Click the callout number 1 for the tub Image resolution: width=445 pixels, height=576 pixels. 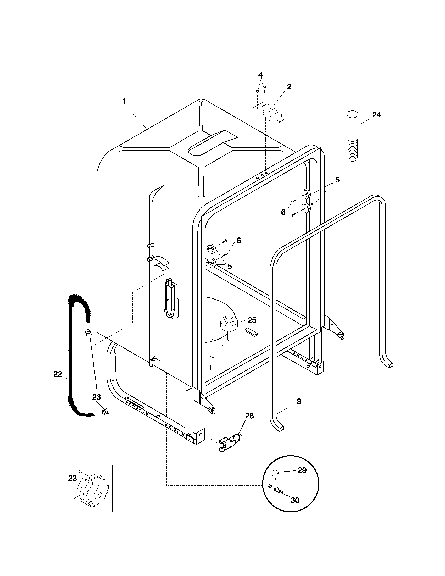[x=124, y=102]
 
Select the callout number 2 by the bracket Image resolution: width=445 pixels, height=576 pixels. [x=289, y=87]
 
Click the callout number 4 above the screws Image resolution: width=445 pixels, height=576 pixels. [x=260, y=75]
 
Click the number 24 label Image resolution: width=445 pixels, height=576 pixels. [x=376, y=115]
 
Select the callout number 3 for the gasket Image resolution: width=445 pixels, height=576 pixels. [x=299, y=402]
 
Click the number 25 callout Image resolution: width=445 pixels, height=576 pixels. [x=252, y=320]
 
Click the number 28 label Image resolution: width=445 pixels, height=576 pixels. [x=249, y=416]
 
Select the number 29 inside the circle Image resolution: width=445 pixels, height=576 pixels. [x=302, y=470]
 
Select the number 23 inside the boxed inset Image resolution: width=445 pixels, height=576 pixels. [x=73, y=478]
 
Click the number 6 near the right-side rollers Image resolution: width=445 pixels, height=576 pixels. [x=283, y=212]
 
